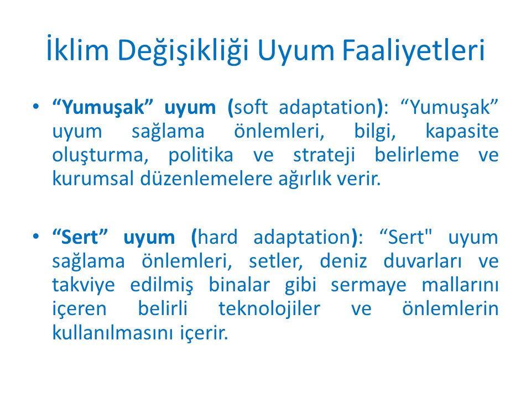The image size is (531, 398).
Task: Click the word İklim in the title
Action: (77, 49)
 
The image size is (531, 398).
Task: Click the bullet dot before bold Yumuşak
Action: (36, 107)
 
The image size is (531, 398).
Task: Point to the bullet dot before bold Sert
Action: (36, 236)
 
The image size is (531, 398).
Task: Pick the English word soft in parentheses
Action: (251, 107)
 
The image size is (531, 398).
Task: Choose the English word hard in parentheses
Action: (217, 237)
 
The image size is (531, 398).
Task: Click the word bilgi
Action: (375, 132)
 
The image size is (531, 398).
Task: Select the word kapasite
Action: (462, 132)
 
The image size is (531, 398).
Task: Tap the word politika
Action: (201, 155)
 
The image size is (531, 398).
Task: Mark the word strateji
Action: (324, 156)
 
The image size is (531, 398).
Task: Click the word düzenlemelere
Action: (206, 179)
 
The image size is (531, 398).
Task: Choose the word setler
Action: (276, 261)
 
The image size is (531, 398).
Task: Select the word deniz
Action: (343, 261)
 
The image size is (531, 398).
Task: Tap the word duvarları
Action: (423, 261)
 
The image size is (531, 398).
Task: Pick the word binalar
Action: (239, 285)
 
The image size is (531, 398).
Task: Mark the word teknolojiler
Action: (269, 309)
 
